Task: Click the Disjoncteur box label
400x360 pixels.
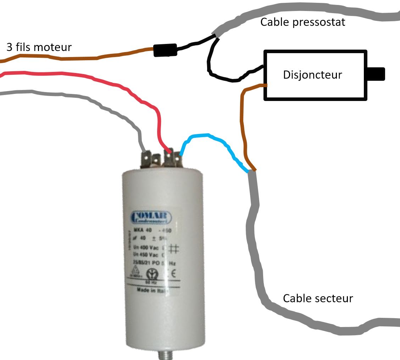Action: [x=312, y=75]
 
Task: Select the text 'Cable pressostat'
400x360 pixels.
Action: [x=302, y=22]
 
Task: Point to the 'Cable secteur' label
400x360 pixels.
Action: [x=318, y=298]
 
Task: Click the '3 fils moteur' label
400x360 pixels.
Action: [x=39, y=47]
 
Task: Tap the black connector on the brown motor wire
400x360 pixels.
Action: [x=165, y=50]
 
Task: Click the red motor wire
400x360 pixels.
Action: [x=106, y=84]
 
